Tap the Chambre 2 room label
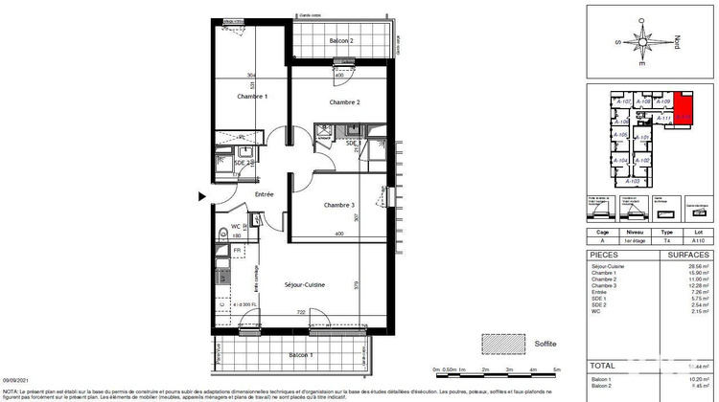coord(344,102)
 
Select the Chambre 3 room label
coord(338,205)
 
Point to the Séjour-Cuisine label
coord(306,285)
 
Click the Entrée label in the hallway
coord(264,194)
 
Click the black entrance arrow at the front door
coord(201,196)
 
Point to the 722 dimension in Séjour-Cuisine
coord(299,312)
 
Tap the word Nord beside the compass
coord(678,42)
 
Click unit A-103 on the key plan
coord(632,181)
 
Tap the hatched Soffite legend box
coord(497,342)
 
